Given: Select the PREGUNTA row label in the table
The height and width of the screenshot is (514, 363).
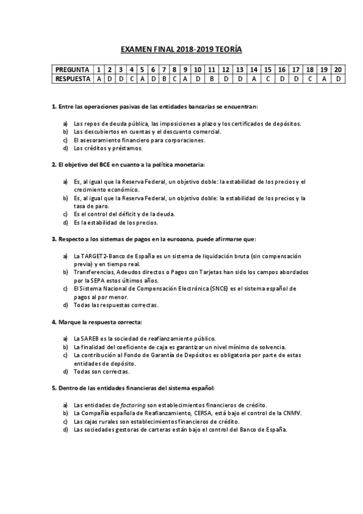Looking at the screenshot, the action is [x=72, y=70].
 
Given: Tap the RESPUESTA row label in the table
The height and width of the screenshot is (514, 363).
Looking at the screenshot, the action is [x=72, y=79].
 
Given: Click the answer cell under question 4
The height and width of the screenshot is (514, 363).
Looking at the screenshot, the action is [x=132, y=79].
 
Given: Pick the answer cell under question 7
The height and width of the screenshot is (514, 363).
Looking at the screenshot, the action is [x=164, y=79].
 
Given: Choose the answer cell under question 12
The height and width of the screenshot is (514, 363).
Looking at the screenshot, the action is [x=225, y=79].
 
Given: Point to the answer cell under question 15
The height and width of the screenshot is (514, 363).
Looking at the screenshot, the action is [x=267, y=79].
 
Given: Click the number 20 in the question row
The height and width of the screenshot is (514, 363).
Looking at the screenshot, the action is [x=338, y=70].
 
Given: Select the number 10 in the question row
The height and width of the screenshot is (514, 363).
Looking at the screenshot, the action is [x=198, y=70].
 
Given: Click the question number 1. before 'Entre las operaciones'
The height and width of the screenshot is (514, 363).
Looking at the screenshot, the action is [x=54, y=107].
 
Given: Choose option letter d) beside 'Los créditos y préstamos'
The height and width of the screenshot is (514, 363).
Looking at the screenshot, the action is [x=65, y=148].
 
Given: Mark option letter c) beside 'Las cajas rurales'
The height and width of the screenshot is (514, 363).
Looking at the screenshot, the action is [x=65, y=421].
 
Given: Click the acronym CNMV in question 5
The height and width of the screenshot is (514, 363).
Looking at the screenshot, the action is [x=291, y=413].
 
